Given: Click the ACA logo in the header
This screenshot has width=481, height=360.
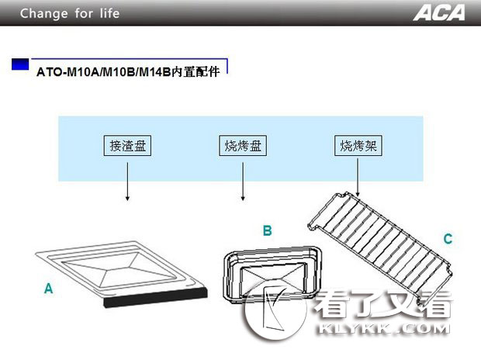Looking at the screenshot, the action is point(439,13).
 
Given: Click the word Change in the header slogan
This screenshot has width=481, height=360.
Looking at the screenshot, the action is point(44,13).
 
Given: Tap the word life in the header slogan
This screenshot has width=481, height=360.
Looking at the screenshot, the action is point(109,13).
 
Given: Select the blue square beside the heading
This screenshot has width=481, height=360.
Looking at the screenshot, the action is point(20,64).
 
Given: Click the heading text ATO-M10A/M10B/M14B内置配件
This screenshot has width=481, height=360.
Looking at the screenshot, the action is point(128,72).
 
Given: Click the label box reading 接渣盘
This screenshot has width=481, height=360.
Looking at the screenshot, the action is point(127,145).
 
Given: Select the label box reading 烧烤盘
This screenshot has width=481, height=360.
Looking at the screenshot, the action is point(243,145).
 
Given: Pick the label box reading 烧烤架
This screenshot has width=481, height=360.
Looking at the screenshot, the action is point(358,145).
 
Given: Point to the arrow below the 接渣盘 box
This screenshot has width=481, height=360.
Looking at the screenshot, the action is point(127,182).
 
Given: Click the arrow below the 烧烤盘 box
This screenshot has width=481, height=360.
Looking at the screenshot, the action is point(243,182).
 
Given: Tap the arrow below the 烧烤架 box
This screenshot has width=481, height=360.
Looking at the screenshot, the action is point(358,178).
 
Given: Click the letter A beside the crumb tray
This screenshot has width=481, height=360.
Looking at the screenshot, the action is point(48,289).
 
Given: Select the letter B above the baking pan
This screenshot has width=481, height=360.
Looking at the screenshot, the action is point(267,230).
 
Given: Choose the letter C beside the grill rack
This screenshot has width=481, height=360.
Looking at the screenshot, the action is point(448,238).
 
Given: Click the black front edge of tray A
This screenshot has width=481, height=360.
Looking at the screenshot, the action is point(156,297).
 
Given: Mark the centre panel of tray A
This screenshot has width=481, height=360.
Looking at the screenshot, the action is point(120,270).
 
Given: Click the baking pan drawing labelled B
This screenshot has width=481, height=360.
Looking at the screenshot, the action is point(272,274).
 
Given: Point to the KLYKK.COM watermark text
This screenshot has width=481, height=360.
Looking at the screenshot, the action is point(383,329).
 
